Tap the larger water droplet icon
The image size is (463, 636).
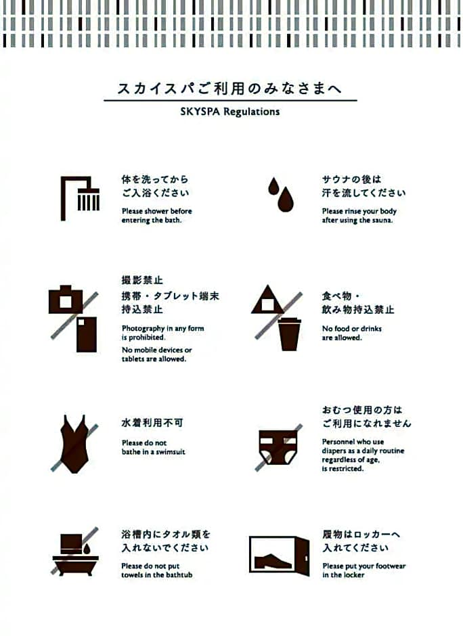(285, 200)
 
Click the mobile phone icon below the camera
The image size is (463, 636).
(87, 334)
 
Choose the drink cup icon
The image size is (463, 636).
(289, 334)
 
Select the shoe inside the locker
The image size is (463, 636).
(273, 562)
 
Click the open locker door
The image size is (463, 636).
(303, 555)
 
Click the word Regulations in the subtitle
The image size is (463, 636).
(252, 112)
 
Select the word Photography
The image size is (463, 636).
(143, 329)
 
